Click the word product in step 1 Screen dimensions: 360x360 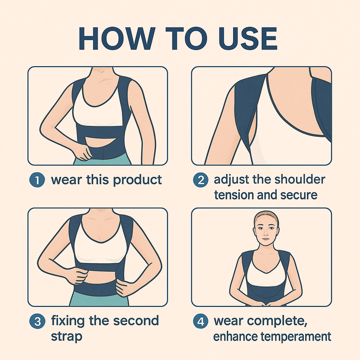tap(137, 180)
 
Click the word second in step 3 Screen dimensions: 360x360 tap(135, 321)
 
